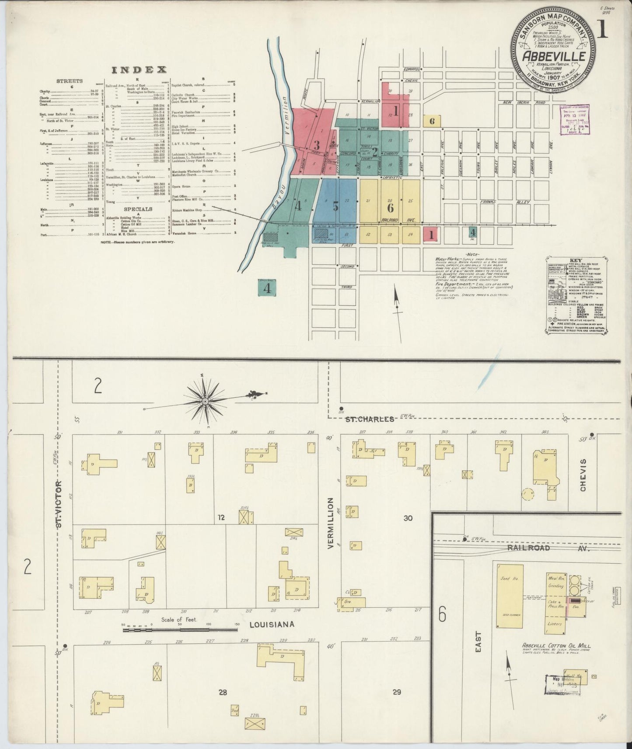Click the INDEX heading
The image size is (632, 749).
(x=139, y=69)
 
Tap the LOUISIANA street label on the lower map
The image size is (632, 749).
(x=272, y=624)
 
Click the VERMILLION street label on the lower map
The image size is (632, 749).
(x=331, y=523)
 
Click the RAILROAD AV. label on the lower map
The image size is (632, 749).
(x=548, y=548)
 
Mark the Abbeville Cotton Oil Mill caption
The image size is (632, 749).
(x=556, y=645)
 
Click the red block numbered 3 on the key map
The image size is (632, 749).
(x=317, y=145)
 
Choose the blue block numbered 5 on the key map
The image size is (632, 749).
(x=335, y=206)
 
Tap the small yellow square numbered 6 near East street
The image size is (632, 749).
(x=432, y=121)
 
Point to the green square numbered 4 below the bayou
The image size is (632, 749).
(x=267, y=288)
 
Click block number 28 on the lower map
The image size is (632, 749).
(x=223, y=692)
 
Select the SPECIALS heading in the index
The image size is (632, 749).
(x=138, y=209)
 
